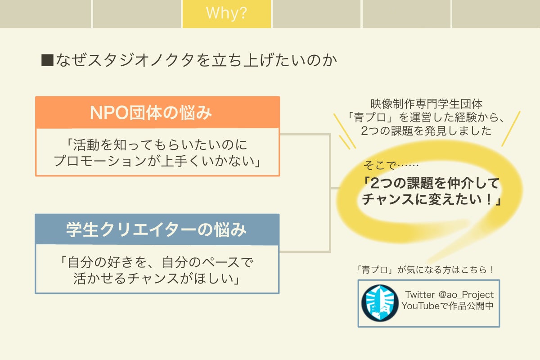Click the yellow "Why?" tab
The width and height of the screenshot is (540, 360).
[226, 13]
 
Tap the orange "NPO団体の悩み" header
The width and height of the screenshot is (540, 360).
[157, 112]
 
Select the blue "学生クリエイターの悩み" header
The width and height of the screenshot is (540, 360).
[157, 229]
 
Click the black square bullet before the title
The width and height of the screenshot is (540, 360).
[47, 60]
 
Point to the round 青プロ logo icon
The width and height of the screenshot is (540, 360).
[380, 302]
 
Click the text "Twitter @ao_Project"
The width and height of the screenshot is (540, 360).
[449, 295]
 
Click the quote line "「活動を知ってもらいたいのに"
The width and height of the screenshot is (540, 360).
[157, 145]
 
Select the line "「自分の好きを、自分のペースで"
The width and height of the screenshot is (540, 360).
[157, 261]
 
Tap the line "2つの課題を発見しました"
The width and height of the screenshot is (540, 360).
[426, 131]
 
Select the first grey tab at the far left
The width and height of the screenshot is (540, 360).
[45, 13]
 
